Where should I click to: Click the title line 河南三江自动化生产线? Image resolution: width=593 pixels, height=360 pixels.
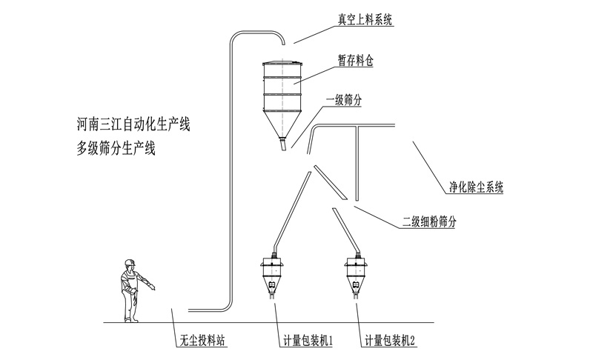pos(134,123)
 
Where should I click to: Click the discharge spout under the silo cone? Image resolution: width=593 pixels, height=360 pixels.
pos(282,145)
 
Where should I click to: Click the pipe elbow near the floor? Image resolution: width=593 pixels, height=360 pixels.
pos(225,305)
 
